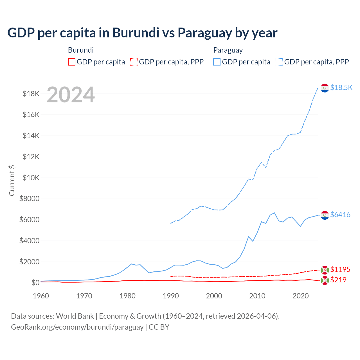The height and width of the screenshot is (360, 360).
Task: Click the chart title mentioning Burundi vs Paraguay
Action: (x=142, y=33)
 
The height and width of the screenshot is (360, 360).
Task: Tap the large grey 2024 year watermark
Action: (x=71, y=95)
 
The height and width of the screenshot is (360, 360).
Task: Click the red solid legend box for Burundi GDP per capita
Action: (x=72, y=62)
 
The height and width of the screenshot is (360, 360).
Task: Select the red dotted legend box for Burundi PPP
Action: (x=134, y=62)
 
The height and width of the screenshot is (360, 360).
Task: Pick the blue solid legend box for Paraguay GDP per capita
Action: (x=217, y=62)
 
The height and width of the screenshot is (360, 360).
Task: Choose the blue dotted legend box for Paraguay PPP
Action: (x=279, y=62)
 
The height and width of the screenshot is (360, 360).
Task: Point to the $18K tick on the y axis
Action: (x=31, y=94)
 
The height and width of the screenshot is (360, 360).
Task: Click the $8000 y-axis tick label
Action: (x=29, y=199)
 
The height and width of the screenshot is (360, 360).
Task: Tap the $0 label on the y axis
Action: (x=35, y=283)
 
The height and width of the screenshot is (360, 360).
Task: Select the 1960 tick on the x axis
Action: (x=41, y=296)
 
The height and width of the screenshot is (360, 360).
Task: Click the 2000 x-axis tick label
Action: (x=214, y=296)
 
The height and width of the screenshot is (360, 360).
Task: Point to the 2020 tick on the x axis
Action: (x=301, y=296)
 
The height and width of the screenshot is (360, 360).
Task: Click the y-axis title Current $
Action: (x=12, y=180)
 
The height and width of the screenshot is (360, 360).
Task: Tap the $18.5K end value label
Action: (x=341, y=87)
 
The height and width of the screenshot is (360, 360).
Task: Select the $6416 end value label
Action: (x=340, y=215)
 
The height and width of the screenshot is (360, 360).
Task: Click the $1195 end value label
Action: (x=340, y=269)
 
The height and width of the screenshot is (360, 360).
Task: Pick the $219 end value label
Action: (x=338, y=280)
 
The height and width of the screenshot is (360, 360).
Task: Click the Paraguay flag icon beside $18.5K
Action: (x=325, y=88)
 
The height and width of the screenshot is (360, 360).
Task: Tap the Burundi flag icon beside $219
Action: (x=325, y=280)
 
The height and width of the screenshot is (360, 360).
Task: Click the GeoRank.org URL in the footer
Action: (x=77, y=327)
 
